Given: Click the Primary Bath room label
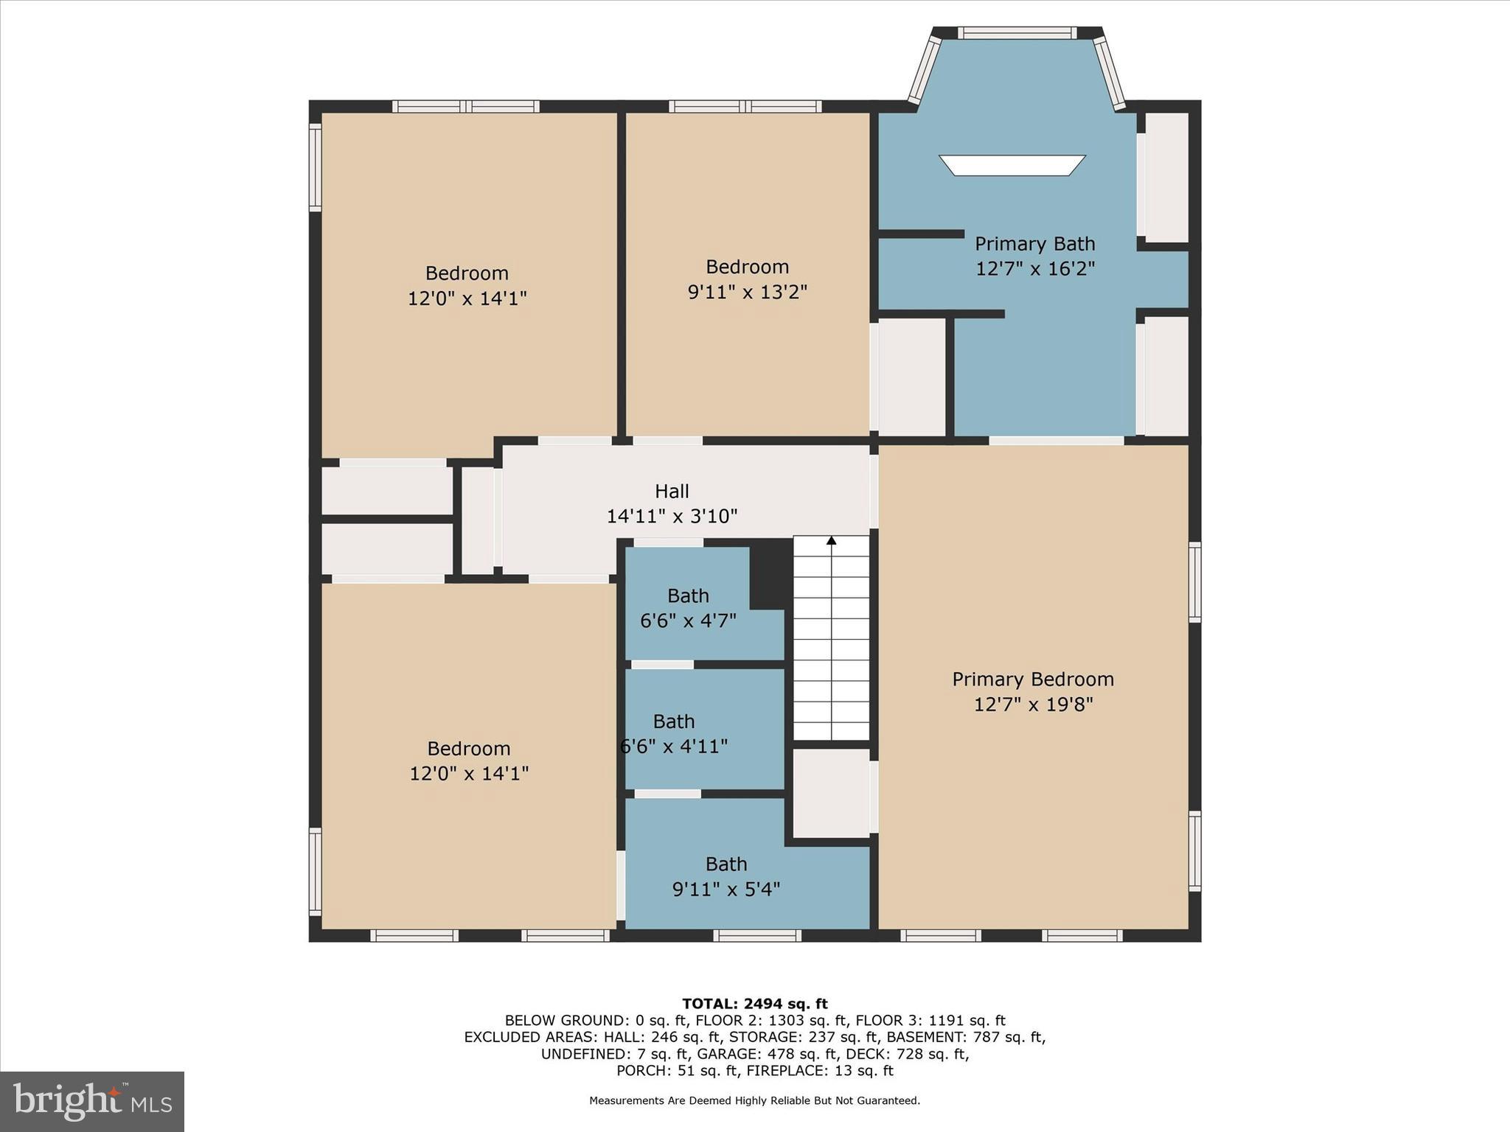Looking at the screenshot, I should [x=1034, y=244].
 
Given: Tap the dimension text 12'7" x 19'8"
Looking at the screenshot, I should [x=1033, y=705].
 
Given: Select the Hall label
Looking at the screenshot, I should [x=672, y=491].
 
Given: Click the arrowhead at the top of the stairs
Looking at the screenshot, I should [x=832, y=541].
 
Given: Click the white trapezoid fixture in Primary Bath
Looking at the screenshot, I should [x=1012, y=165].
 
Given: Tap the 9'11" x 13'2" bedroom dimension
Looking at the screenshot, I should [x=747, y=293].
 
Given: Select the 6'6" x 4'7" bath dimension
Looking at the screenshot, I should [x=688, y=621].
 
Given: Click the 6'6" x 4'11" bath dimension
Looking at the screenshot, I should [x=674, y=747].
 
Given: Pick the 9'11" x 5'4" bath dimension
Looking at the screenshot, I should [x=726, y=890].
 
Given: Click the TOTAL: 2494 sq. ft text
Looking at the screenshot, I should [x=754, y=1004].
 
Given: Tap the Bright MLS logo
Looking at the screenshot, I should [x=92, y=1101].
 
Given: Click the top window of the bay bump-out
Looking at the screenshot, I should [x=1017, y=33].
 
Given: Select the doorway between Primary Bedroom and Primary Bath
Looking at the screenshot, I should [x=1056, y=441].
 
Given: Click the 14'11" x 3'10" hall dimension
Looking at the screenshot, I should [x=672, y=517].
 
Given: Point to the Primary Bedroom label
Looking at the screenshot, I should [x=1032, y=679].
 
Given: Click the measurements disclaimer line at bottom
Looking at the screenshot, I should [x=754, y=1101].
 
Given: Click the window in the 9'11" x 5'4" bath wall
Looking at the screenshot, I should [x=757, y=936].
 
